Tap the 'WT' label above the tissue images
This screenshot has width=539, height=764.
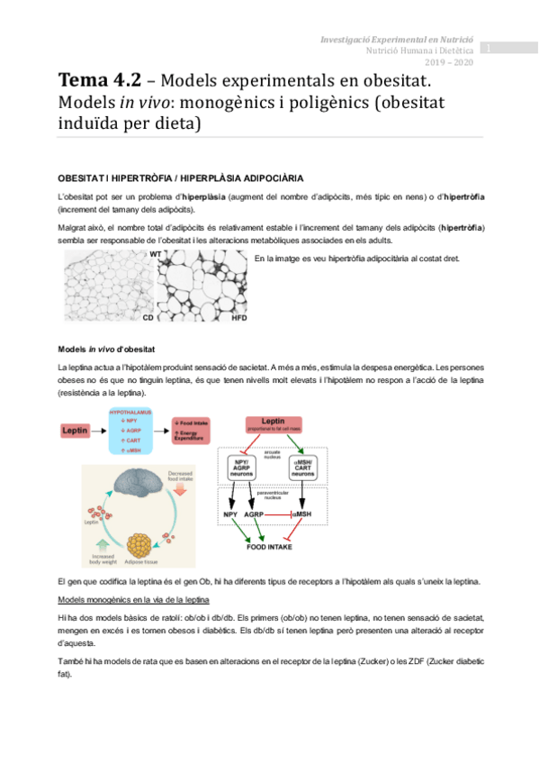pos(156,255)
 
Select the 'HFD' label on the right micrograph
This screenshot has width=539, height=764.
pos(238,318)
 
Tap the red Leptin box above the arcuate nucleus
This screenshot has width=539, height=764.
pos(274,424)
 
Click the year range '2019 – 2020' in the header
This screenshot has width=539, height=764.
pos(448,62)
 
